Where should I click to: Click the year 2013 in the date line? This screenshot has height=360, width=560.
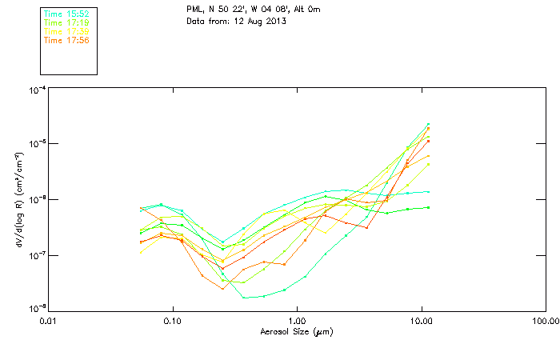276,21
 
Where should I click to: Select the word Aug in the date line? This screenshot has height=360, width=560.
254,21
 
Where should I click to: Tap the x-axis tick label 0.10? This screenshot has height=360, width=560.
172,321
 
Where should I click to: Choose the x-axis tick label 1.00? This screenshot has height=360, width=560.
297,321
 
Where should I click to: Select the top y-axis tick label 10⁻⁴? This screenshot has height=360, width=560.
37,90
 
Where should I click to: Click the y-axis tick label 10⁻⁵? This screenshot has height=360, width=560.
37,144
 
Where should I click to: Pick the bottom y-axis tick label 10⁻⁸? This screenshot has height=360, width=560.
37,307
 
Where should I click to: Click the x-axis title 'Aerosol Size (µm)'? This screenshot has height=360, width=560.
296,331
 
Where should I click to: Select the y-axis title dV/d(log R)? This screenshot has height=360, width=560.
18,200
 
